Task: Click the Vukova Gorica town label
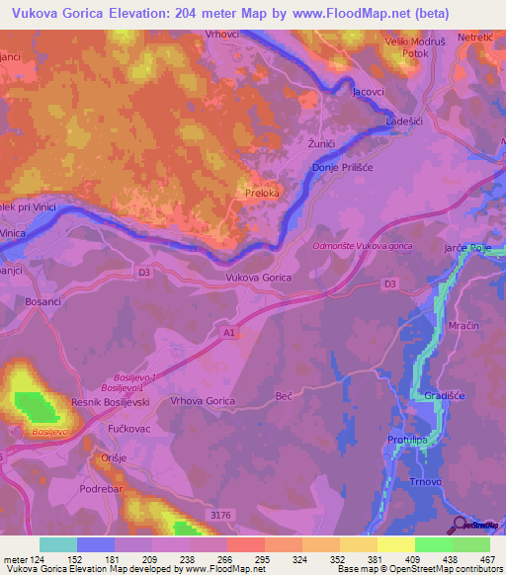point(259,279)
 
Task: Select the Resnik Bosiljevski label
point(111,404)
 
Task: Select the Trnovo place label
point(423,483)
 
